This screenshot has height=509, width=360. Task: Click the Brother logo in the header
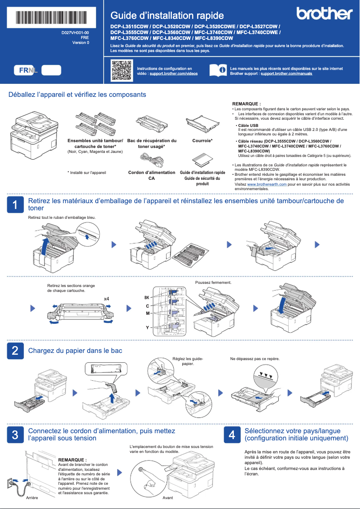coord(324,13)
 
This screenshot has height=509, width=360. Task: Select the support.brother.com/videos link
coord(173,73)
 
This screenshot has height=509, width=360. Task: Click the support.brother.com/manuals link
coord(286,73)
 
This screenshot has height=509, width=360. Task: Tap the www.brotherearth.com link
coord(267,184)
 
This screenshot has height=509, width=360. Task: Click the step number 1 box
coord(15,205)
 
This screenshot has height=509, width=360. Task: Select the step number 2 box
coord(15,350)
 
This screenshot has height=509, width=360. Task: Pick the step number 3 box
coord(15,434)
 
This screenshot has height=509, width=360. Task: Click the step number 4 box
coord(232,434)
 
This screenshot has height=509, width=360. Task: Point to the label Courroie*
coord(202,141)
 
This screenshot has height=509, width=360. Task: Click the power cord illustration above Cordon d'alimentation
coord(151,158)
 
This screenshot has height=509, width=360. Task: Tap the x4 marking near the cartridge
coord(106,299)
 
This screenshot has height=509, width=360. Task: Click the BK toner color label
coord(146,298)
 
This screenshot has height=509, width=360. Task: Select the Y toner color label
coord(147,328)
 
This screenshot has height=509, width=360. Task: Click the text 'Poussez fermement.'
coord(213,283)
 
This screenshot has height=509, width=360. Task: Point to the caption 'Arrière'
coord(31,498)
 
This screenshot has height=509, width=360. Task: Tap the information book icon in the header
coord(218,70)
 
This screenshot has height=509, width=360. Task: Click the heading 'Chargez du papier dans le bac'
coord(75,350)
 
